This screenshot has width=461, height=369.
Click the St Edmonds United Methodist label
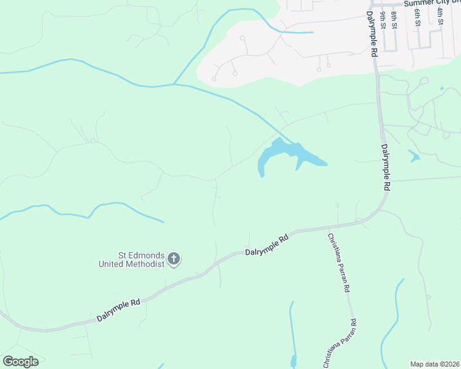[132, 260]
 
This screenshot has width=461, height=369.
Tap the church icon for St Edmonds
[174, 259]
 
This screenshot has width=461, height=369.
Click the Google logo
[20, 362]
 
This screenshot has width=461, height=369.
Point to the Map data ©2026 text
[434, 364]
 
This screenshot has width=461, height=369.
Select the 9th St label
[383, 20]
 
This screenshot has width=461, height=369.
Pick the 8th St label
[394, 20]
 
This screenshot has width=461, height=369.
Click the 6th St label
[417, 18]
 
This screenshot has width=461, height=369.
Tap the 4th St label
[440, 16]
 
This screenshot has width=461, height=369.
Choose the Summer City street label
[431, 3]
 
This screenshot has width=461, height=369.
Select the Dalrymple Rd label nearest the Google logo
[118, 311]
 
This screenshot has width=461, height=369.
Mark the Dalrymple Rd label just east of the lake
[386, 167]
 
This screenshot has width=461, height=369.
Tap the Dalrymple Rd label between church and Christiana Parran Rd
[267, 244]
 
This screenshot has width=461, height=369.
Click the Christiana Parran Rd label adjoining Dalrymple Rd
[339, 263]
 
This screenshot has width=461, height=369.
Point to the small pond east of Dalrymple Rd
[414, 156]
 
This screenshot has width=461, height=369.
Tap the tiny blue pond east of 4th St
[442, 89]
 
